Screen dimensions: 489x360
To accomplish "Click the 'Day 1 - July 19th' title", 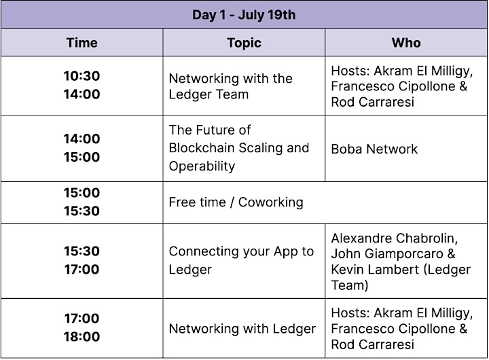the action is (244, 15).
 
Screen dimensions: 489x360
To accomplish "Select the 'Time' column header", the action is (81, 43).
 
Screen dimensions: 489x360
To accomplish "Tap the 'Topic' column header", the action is (244, 43).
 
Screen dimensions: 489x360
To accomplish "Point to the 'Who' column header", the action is (406, 43).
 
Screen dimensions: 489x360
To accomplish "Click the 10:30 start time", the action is (81, 76).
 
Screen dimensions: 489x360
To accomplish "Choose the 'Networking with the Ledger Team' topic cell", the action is (231, 86).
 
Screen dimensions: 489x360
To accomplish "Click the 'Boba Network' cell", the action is (374, 149).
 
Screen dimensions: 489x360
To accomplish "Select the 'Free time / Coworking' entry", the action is (236, 202).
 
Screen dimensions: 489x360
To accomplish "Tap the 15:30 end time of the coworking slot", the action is (81, 211).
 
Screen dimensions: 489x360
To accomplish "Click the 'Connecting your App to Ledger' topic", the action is (241, 260).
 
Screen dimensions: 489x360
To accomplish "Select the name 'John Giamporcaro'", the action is (387, 254).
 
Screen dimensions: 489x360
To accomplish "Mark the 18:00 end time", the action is (81, 337).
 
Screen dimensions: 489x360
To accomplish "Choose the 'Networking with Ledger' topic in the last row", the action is (242, 329).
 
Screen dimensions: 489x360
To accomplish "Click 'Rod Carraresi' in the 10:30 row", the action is (373, 102).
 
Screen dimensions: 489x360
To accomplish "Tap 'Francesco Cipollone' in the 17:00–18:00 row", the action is (393, 329).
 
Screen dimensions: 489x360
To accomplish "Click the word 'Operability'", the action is (202, 166).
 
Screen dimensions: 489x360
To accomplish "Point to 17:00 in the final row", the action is (81, 318).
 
